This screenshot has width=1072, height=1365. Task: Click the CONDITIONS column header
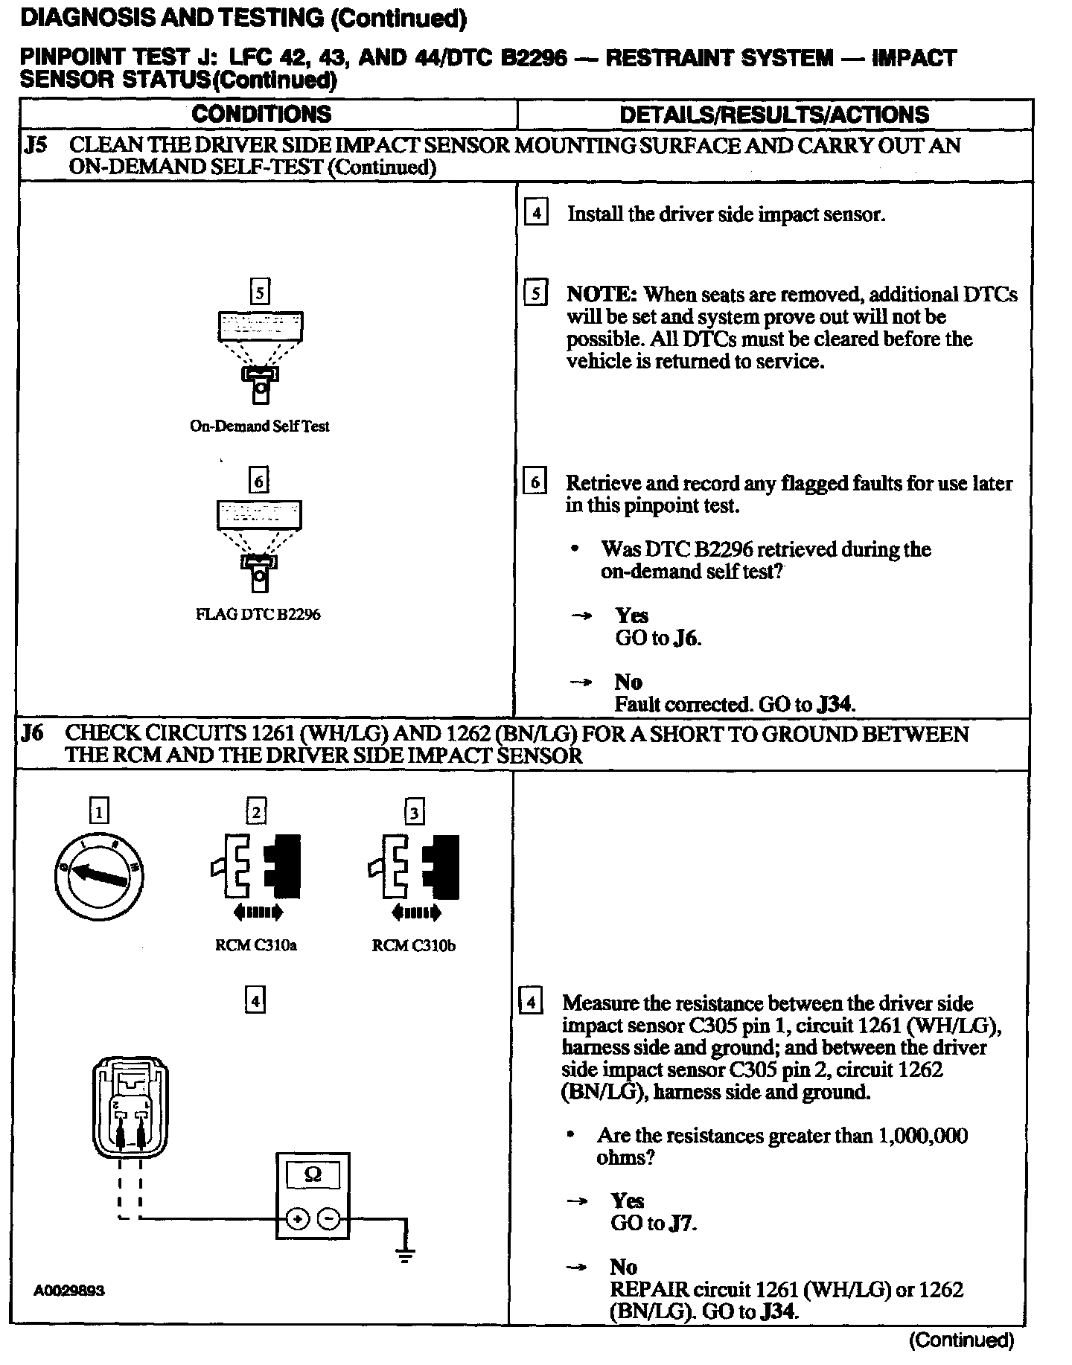(261, 114)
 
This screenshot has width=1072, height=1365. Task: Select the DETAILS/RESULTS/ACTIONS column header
(774, 115)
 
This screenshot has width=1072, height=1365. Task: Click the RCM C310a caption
(255, 946)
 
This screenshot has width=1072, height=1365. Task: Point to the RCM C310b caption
(414, 946)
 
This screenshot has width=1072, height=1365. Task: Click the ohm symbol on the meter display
(313, 1174)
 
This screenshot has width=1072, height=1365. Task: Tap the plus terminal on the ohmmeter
(297, 1219)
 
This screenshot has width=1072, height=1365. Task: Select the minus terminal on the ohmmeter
(328, 1219)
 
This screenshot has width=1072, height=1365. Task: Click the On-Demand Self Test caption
(259, 426)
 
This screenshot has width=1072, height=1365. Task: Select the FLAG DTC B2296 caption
(258, 615)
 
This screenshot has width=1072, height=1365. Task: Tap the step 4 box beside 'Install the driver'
(536, 214)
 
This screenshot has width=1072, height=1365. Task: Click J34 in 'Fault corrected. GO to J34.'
(835, 704)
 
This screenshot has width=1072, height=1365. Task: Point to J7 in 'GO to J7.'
(681, 1223)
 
